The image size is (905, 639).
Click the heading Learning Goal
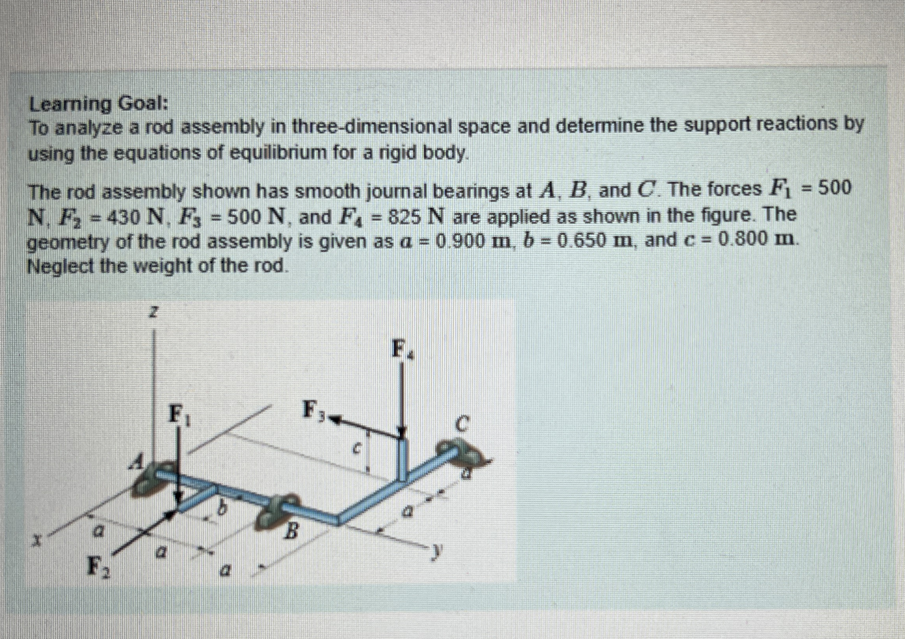[99, 105]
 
